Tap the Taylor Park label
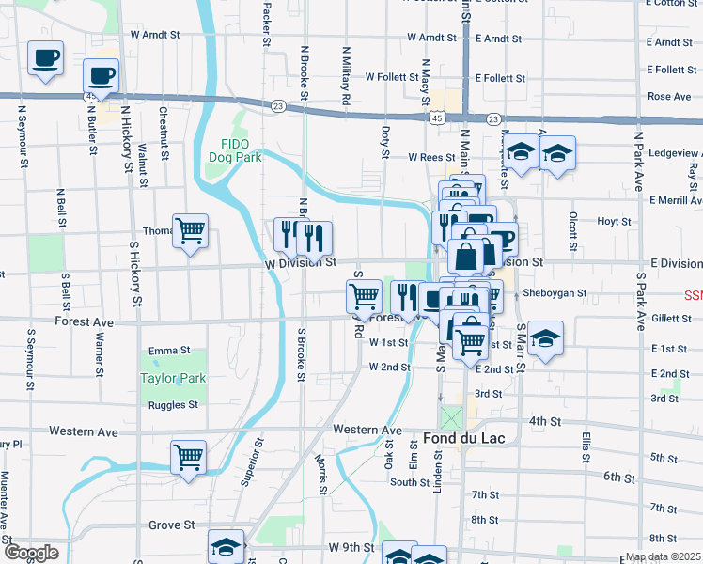[172, 378]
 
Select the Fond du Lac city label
[453, 439]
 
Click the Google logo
[31, 553]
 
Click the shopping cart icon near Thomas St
[190, 229]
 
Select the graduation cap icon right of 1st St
[544, 338]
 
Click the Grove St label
[171, 525]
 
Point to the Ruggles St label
[173, 405]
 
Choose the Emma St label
[163, 351]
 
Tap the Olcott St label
[571, 226]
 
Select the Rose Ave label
[669, 97]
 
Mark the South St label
[410, 482]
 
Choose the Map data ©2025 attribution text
[663, 556]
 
